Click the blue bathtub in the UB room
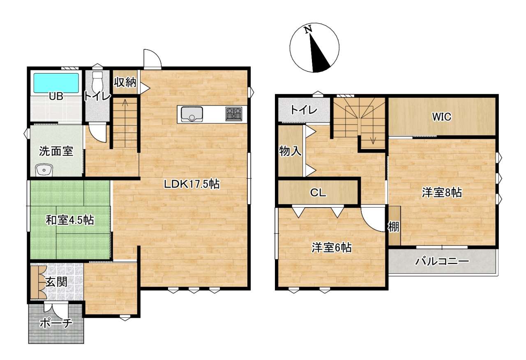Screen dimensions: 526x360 pyautogui.click(x=56, y=83)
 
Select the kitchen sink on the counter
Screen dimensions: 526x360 pyautogui.click(x=191, y=114)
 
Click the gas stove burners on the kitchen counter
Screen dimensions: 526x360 pyautogui.click(x=234, y=114)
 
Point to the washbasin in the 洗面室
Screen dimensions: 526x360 pyautogui.click(x=44, y=170)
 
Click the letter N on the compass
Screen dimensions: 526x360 pyautogui.click(x=308, y=30)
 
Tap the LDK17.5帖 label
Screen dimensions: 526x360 pyautogui.click(x=191, y=184)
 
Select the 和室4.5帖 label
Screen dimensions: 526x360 pyautogui.click(x=70, y=220)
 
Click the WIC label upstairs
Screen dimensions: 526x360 pyautogui.click(x=442, y=117)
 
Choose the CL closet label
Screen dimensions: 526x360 pyautogui.click(x=318, y=193)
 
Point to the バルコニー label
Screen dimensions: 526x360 pyautogui.click(x=442, y=262)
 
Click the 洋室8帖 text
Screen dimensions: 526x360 pyautogui.click(x=442, y=193)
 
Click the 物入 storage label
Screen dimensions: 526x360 pyautogui.click(x=290, y=151)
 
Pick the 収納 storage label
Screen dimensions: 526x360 pyautogui.click(x=125, y=82)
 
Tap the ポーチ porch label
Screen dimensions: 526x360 pyautogui.click(x=55, y=323)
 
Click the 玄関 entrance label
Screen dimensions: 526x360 pyautogui.click(x=56, y=282)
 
